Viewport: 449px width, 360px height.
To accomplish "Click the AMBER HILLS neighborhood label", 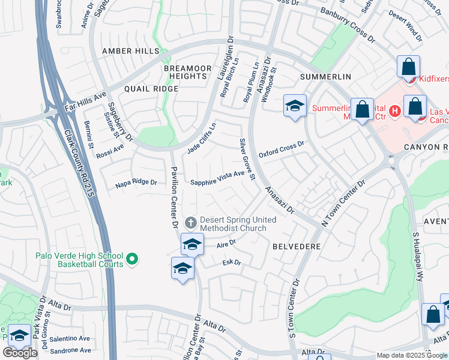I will pos(130,52).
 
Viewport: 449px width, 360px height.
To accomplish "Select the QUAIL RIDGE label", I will pos(151,89).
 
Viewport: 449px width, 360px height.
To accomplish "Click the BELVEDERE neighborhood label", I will pos(296,247).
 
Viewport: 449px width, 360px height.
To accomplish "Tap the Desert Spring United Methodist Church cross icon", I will pos(191,223).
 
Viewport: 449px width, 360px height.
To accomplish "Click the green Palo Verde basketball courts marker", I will pos(133,259).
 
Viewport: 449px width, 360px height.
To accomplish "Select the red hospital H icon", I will pos(394,110).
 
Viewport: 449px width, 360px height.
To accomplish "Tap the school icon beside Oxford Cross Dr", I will pos(295,106).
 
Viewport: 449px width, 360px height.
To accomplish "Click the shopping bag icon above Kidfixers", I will pos(408,67).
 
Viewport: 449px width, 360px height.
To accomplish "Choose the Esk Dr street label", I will pos(231,262).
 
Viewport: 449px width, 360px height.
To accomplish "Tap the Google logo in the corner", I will pos(20,353).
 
